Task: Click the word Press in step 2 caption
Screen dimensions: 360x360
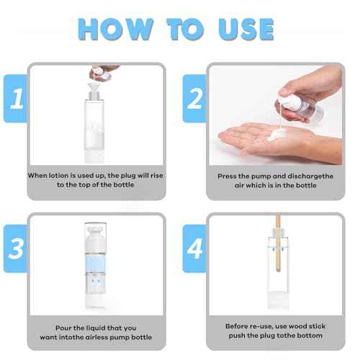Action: pyautogui.click(x=230, y=175)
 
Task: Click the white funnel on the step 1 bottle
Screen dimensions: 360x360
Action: pyautogui.click(x=95, y=91)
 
